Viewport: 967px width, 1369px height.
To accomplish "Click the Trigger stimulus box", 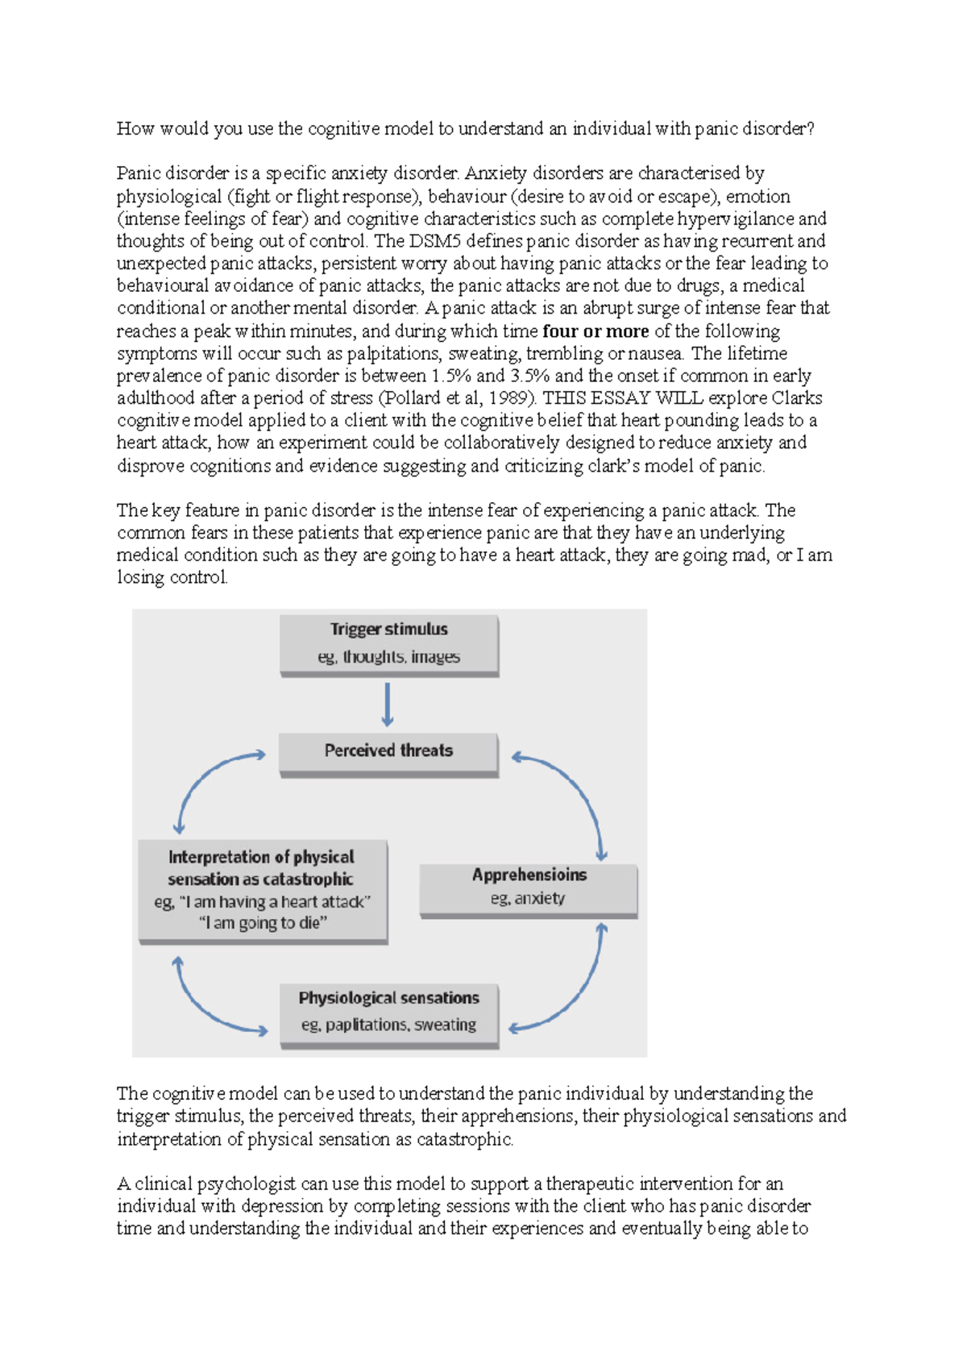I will pos(388,644).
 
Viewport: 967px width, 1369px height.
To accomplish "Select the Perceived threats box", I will pos(388,751).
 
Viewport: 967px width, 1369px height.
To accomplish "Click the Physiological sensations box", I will pos(388,1013).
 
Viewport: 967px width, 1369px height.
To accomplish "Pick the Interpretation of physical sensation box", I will pos(262,890).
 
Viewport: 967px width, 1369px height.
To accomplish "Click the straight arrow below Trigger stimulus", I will pos(388,705).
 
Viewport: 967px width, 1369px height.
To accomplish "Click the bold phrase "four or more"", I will pos(596,331).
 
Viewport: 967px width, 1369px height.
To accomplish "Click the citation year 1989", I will pos(509,398).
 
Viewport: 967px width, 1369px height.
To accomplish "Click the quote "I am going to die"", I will pos(263,923).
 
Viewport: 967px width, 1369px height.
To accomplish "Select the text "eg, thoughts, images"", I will pos(388,657).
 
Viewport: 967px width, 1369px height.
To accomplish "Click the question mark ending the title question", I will pos(810,129).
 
